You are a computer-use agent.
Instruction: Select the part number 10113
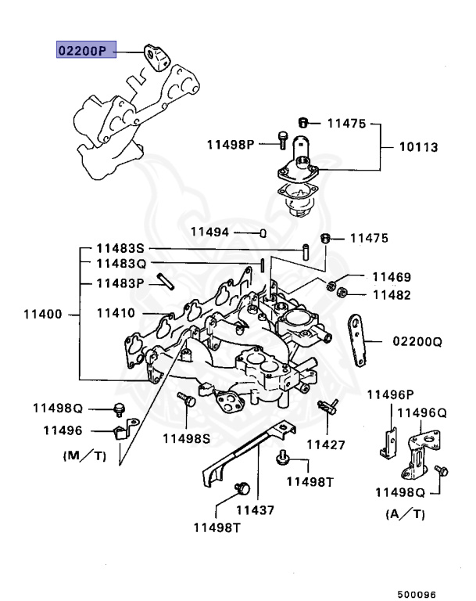click(419, 147)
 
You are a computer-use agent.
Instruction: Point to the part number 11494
click(210, 232)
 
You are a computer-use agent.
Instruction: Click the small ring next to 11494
click(263, 232)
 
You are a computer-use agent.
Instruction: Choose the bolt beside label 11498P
click(281, 140)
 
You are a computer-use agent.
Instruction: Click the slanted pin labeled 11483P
click(163, 281)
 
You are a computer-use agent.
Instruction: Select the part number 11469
click(392, 277)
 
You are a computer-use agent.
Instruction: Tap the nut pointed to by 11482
click(341, 294)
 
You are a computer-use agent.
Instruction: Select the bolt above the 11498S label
click(186, 400)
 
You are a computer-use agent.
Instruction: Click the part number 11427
click(325, 444)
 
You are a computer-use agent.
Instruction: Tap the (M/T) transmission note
click(84, 455)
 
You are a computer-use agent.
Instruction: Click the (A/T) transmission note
click(405, 514)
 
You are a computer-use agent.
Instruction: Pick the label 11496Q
click(422, 412)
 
